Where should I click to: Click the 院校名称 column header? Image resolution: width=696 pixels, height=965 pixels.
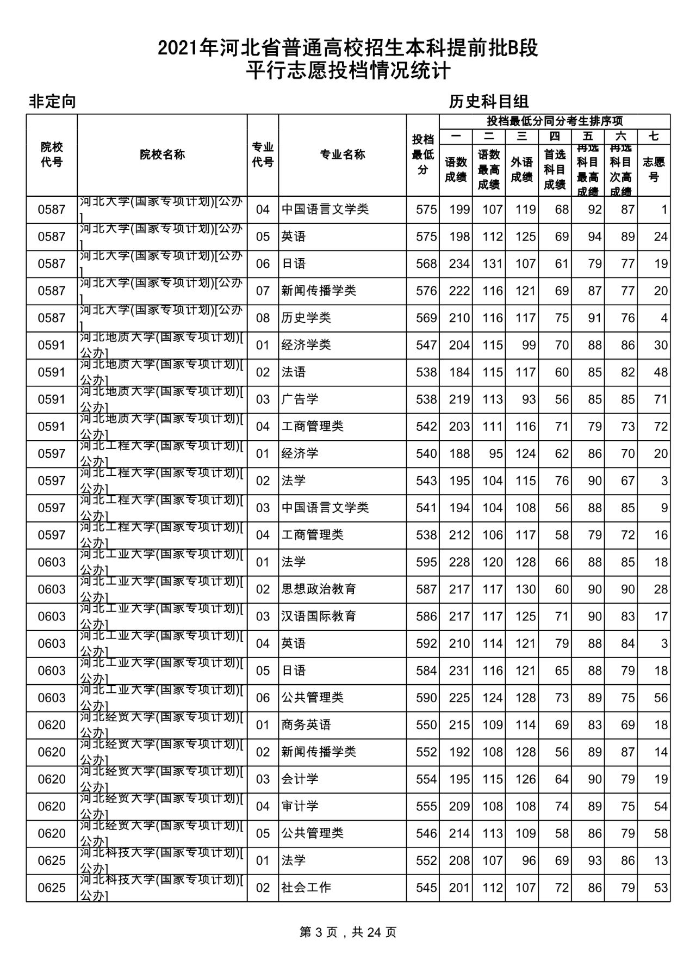click(x=162, y=155)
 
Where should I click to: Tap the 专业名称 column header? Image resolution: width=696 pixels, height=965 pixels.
click(x=342, y=155)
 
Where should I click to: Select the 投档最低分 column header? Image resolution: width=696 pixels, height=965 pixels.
click(x=422, y=155)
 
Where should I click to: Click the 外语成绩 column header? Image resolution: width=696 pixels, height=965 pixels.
click(x=521, y=169)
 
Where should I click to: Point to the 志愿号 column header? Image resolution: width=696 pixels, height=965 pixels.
click(x=654, y=169)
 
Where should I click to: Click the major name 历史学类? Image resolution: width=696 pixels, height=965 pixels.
click(x=306, y=318)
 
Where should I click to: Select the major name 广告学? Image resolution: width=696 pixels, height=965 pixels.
click(x=300, y=399)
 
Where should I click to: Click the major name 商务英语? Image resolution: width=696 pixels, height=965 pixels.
click(x=306, y=725)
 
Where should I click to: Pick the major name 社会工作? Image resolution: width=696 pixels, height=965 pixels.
click(x=306, y=888)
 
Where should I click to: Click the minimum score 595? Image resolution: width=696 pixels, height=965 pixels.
click(x=426, y=562)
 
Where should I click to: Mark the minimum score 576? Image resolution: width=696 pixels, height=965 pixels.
click(x=426, y=291)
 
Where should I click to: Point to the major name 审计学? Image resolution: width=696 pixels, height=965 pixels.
click(x=300, y=806)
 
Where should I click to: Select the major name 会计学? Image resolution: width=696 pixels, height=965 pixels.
click(x=300, y=779)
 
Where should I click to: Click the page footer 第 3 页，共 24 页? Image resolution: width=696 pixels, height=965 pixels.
click(x=348, y=932)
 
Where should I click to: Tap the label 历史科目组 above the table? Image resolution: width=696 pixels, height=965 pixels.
click(x=489, y=101)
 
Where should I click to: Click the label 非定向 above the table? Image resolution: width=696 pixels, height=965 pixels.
click(x=52, y=101)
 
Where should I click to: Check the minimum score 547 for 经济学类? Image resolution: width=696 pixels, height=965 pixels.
click(x=426, y=345)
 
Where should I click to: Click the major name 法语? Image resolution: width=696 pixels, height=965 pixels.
click(x=294, y=372)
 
